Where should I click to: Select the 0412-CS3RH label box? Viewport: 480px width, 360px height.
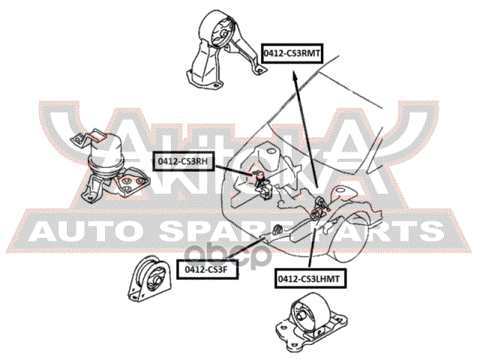tap(183, 159)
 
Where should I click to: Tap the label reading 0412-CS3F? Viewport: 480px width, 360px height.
tap(207, 266)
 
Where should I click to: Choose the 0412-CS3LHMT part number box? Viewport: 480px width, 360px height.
tap(309, 278)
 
